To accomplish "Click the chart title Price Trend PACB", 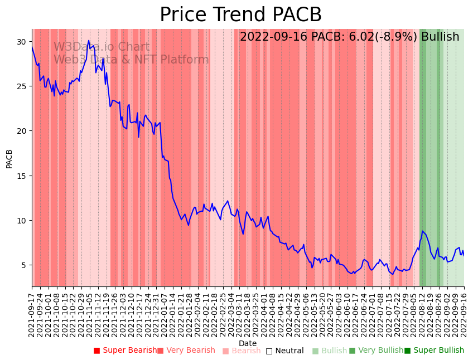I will pyautogui.click(x=240, y=15).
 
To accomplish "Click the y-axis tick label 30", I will pyautogui.click(x=21, y=42).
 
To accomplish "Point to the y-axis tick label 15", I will pyautogui.click(x=21, y=176).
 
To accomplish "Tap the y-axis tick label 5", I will pyautogui.click(x=23, y=265).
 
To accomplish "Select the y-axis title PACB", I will pyautogui.click(x=9, y=158).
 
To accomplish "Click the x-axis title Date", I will pyautogui.click(x=248, y=343).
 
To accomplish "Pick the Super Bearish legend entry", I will pyautogui.click(x=126, y=351).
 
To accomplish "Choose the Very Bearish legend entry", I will pyautogui.click(x=186, y=351).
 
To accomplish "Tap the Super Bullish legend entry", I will pyautogui.click(x=434, y=351).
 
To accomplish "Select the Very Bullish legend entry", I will pyautogui.click(x=376, y=351).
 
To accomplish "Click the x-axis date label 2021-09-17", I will pyautogui.click(x=32, y=312).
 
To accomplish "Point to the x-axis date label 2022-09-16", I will pyautogui.click(x=464, y=312).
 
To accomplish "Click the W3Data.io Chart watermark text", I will pyautogui.click(x=102, y=47).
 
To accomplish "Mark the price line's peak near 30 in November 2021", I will pyautogui.click(x=89, y=41).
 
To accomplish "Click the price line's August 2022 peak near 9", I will pyautogui.click(x=423, y=231).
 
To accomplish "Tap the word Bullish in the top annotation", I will pyautogui.click(x=440, y=37).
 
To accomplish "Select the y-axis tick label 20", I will pyautogui.click(x=21, y=131).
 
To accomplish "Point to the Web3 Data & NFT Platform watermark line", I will pyautogui.click(x=131, y=60).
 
